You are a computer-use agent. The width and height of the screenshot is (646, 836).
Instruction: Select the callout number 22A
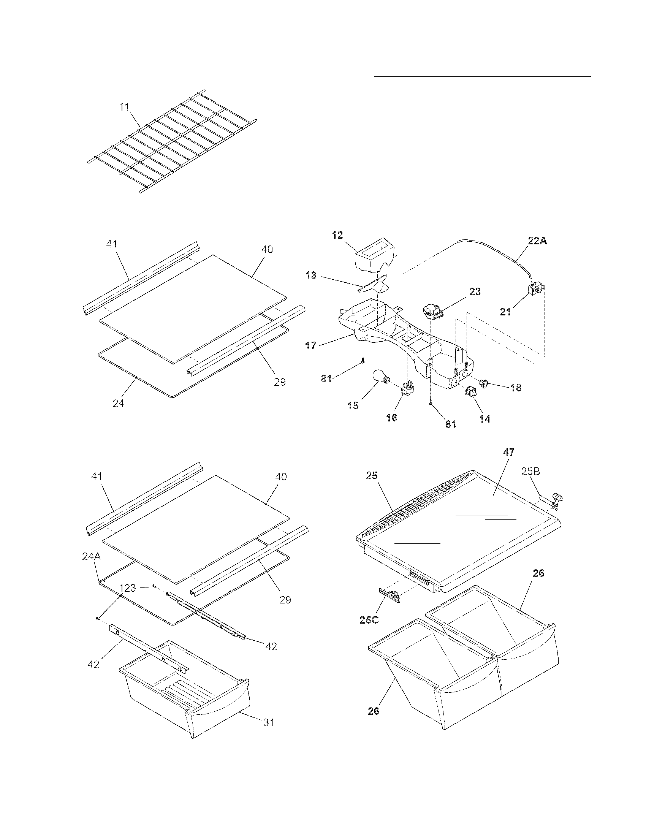[537, 241]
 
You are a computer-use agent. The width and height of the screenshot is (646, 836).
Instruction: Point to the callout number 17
[311, 346]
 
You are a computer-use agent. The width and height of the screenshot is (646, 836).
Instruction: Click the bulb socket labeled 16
[408, 388]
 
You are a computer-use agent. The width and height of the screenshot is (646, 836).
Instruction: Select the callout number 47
[508, 452]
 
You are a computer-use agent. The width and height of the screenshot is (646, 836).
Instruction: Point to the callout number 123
[127, 587]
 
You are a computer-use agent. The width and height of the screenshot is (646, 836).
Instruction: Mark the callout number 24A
[92, 557]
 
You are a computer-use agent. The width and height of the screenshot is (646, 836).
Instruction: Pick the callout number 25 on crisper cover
[372, 475]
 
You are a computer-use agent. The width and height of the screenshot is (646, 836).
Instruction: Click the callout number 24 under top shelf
[118, 403]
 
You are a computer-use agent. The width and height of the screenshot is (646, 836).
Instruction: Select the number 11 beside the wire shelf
[124, 107]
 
